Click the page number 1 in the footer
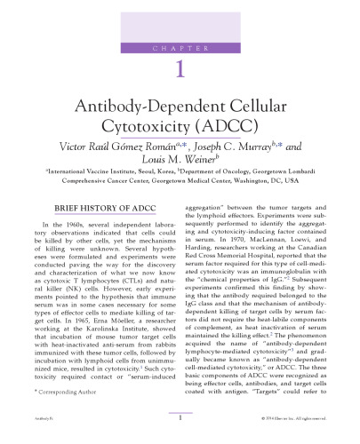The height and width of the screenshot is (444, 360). point(180,436)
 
